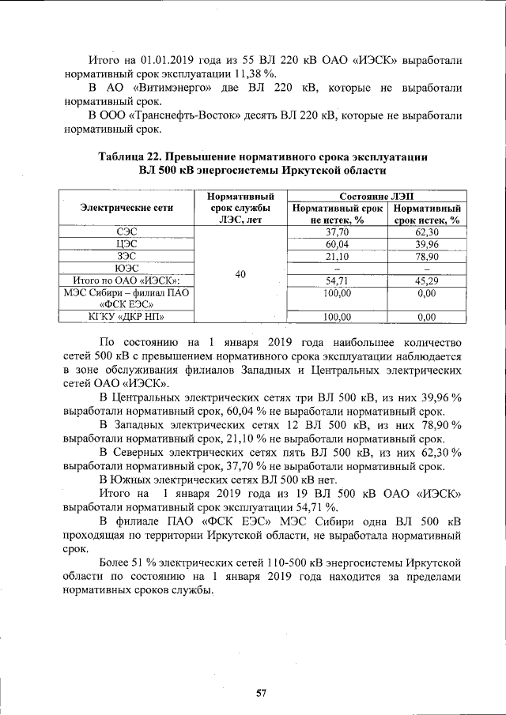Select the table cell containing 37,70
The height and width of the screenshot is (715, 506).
pyautogui.click(x=338, y=232)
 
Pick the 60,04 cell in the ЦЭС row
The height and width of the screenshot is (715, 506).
pyautogui.click(x=338, y=244)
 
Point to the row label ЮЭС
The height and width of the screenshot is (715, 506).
pyautogui.click(x=126, y=268)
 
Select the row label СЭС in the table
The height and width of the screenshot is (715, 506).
pyautogui.click(x=126, y=232)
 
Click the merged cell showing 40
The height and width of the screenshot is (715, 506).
pyautogui.click(x=240, y=274)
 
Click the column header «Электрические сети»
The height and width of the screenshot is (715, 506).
pyautogui.click(x=126, y=208)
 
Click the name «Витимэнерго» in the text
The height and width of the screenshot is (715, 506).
pyautogui.click(x=163, y=87)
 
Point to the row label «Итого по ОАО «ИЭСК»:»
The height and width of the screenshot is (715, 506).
pyautogui.click(x=126, y=280)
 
